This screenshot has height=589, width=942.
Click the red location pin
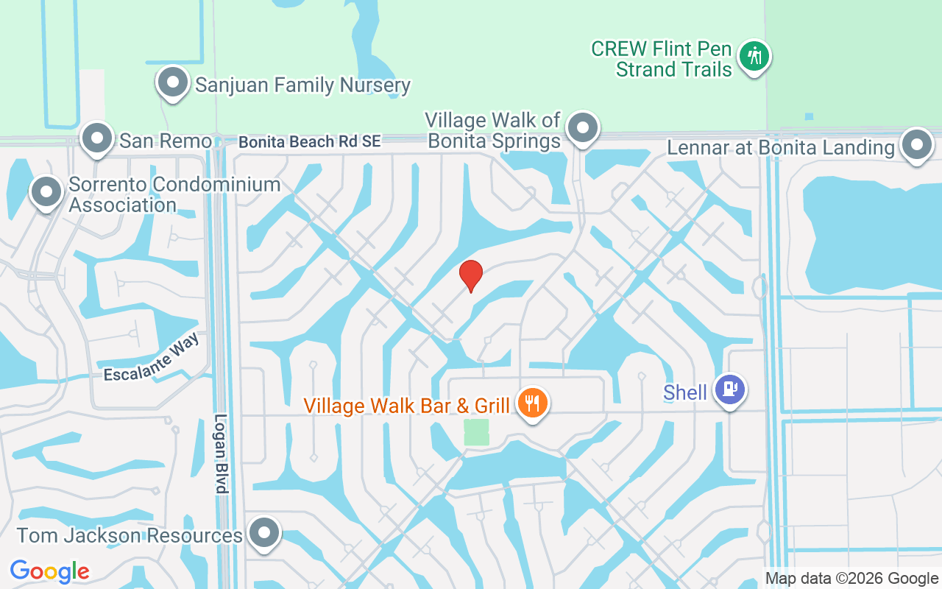click(x=471, y=275)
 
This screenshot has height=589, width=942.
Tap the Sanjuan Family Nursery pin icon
click(x=173, y=82)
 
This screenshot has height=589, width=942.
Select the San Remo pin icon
click(x=96, y=138)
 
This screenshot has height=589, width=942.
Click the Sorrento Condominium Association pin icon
click(x=46, y=191)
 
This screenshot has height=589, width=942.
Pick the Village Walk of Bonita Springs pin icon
click(x=583, y=127)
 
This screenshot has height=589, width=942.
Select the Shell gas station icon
click(x=730, y=389)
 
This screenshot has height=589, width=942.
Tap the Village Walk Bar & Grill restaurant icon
click(x=532, y=403)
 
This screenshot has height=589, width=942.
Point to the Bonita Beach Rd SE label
click(x=310, y=142)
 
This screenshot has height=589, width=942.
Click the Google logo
click(x=50, y=571)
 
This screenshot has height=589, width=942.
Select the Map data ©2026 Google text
click(x=851, y=579)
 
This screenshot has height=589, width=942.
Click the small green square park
click(x=477, y=432)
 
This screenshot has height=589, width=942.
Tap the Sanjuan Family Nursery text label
click(x=302, y=85)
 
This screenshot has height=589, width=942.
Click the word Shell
click(x=685, y=392)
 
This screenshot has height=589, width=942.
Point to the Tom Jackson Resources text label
click(x=130, y=535)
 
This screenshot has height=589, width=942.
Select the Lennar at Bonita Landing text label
click(x=780, y=148)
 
